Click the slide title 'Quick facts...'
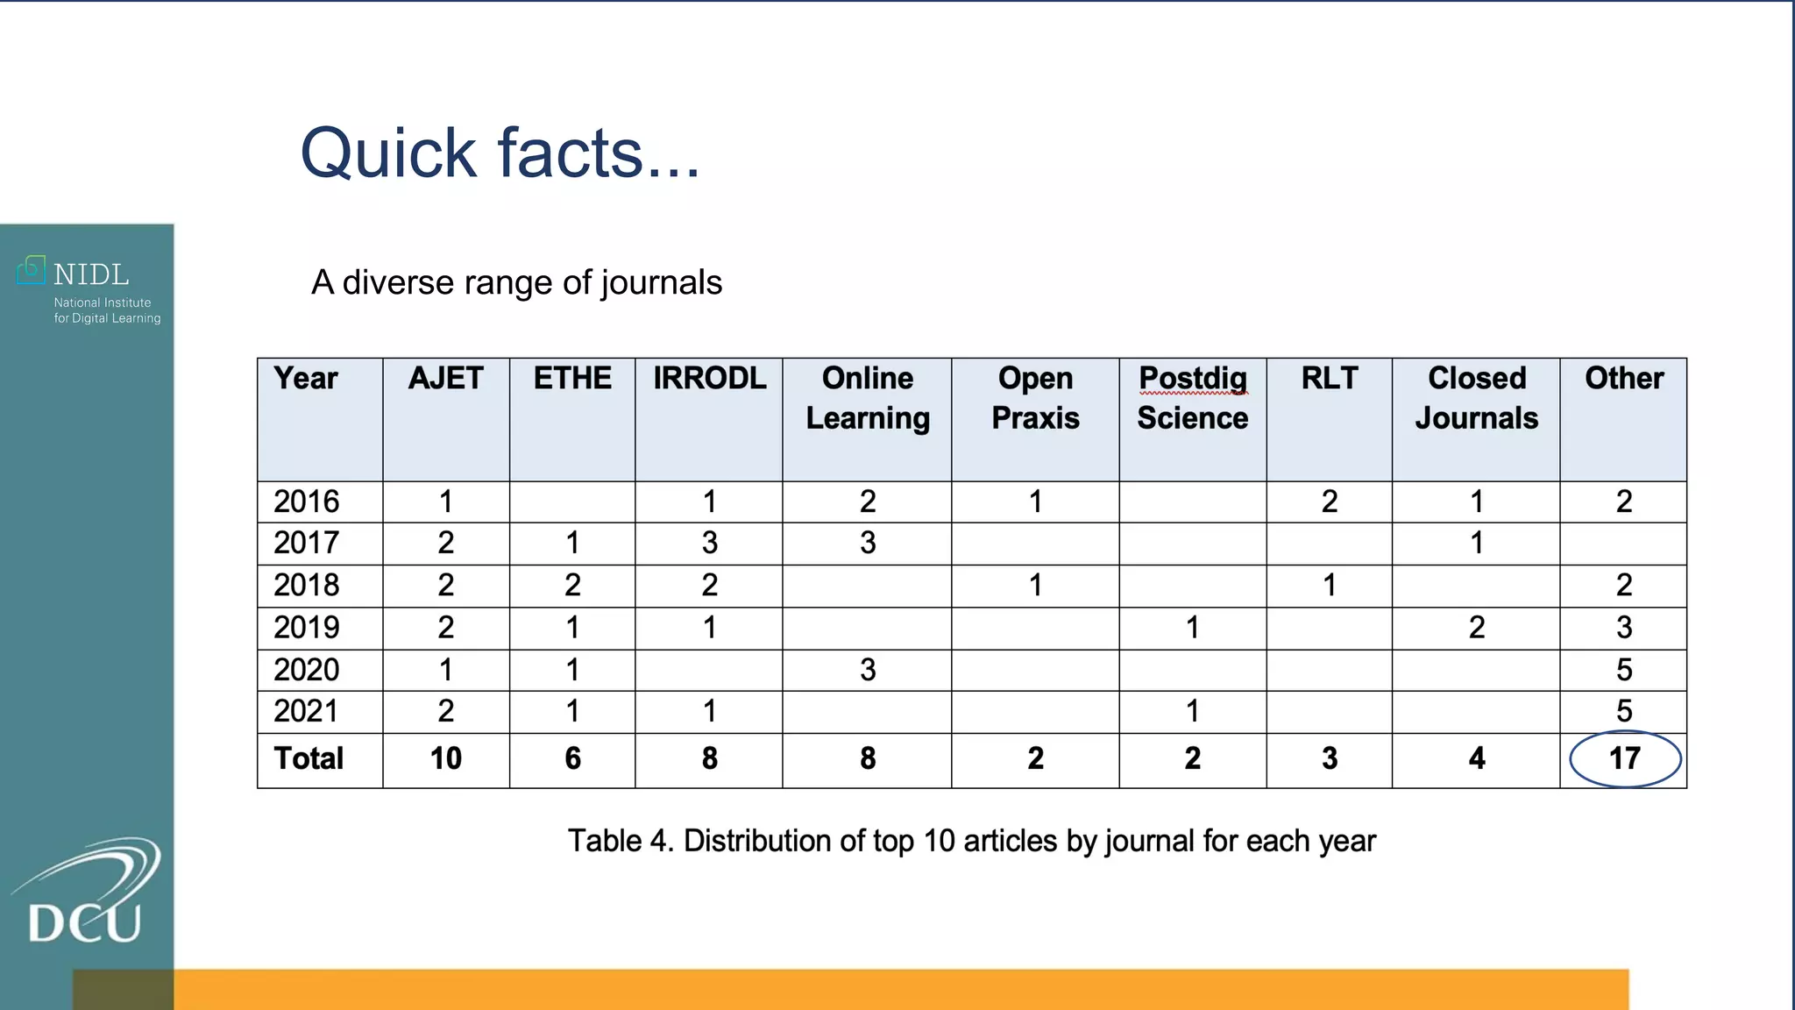(500, 153)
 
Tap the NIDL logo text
(90, 274)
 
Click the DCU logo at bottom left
(85, 894)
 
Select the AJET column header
(445, 379)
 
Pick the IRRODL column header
(709, 379)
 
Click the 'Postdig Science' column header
(1192, 398)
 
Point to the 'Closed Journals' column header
(1476, 398)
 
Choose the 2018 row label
(306, 585)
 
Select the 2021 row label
(306, 711)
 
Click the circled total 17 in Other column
(1624, 758)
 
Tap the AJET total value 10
(445, 758)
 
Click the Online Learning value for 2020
(867, 670)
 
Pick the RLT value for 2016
(1329, 501)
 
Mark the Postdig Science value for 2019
(1192, 628)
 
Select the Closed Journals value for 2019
(1476, 628)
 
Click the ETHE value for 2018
(572, 585)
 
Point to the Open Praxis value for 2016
(1035, 501)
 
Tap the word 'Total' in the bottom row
(309, 758)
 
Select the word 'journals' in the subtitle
(662, 283)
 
